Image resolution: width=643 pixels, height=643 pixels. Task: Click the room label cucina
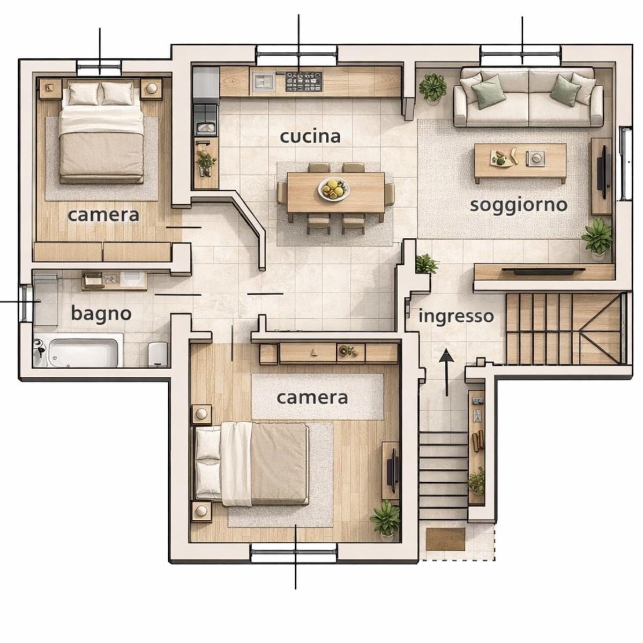tap(310, 137)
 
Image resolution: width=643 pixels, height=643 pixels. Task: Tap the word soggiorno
tap(519, 206)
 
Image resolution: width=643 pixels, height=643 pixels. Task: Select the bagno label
tap(101, 314)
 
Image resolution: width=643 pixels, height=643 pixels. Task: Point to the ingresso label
tap(456, 316)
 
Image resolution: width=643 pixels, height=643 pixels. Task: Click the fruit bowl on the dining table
tap(334, 189)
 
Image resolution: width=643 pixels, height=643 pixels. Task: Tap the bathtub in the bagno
tap(84, 353)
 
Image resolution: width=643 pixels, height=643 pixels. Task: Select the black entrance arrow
tap(446, 372)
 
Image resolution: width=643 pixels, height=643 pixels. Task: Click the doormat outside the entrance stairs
tap(446, 539)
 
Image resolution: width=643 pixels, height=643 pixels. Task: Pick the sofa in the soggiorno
tap(528, 97)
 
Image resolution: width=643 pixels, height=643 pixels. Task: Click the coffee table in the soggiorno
tap(520, 162)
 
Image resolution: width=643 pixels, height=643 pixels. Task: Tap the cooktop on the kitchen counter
tap(303, 81)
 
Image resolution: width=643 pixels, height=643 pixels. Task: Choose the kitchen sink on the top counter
tap(264, 82)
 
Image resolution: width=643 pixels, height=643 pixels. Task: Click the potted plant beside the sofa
tap(432, 87)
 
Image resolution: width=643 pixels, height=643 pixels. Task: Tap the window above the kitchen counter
tap(297, 54)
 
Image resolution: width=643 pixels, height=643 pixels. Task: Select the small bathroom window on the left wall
tap(25, 303)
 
